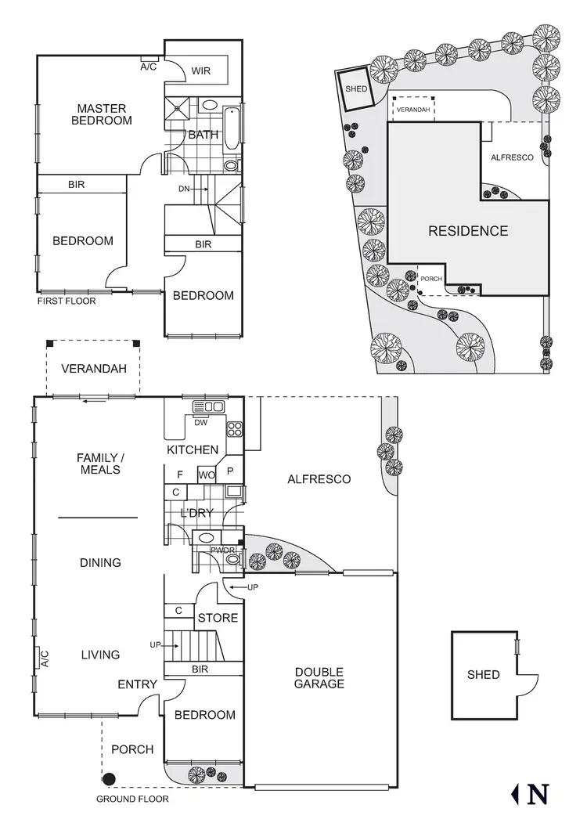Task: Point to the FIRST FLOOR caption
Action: click(x=67, y=301)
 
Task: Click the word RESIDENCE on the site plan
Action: click(x=467, y=231)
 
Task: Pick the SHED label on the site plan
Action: click(x=356, y=89)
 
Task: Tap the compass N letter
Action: click(x=538, y=794)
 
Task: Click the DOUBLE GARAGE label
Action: click(x=319, y=677)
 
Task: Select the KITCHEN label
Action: click(x=193, y=449)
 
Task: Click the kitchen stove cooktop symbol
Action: click(x=234, y=428)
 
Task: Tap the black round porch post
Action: click(x=109, y=778)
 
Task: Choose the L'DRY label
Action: click(x=196, y=514)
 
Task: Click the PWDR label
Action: click(x=221, y=550)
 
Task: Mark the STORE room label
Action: click(x=218, y=618)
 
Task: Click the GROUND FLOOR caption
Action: click(x=132, y=799)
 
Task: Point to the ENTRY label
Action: click(x=137, y=684)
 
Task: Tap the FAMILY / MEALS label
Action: click(x=99, y=463)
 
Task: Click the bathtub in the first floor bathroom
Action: click(x=232, y=131)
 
